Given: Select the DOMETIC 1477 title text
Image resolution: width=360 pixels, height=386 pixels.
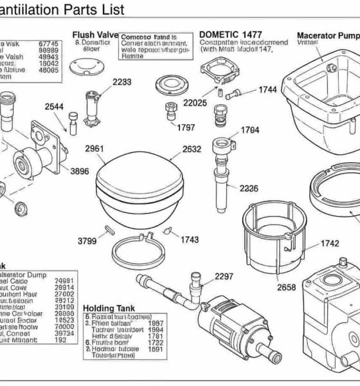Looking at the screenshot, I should (230, 34).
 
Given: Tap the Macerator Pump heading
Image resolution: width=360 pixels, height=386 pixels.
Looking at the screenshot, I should (328, 35).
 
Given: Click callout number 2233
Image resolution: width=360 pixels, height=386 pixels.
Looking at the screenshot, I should (122, 82).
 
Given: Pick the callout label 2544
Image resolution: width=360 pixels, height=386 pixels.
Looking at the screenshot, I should (55, 107).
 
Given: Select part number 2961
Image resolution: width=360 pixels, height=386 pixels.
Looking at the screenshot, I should (94, 149).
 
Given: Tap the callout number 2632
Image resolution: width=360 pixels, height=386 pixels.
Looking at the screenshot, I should (192, 149).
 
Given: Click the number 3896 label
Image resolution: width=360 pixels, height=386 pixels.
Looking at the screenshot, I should (79, 171).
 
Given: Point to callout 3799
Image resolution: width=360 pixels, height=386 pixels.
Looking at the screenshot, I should (87, 241).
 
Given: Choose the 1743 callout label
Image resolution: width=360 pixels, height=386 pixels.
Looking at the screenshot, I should (190, 239).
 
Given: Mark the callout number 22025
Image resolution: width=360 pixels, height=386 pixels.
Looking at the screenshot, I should (195, 102).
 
